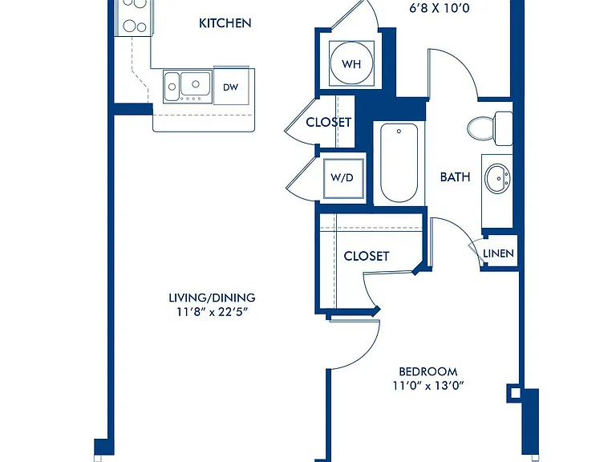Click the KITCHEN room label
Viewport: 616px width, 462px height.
point(225,23)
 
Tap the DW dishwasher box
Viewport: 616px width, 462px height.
point(231,86)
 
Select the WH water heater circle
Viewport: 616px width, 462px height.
point(351,63)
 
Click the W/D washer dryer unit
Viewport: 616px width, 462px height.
point(342,177)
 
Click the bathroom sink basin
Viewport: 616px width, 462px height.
point(497,179)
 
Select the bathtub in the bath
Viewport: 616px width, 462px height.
point(399,163)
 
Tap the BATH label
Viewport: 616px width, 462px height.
point(455,177)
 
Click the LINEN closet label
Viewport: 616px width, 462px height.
point(498,253)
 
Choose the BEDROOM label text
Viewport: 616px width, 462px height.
point(428,371)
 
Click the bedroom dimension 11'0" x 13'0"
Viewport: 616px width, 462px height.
point(428,386)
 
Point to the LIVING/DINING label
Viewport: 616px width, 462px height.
point(212,298)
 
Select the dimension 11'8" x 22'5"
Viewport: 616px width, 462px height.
point(212,312)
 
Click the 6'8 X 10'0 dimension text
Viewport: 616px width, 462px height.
point(440,8)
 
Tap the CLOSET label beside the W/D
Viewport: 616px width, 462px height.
point(328,122)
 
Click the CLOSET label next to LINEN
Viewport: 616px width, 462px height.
point(366,256)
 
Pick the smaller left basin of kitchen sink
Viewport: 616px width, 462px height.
point(172,86)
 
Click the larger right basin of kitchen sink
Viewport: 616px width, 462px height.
point(195,83)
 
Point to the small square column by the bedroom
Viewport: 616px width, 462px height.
point(515,393)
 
